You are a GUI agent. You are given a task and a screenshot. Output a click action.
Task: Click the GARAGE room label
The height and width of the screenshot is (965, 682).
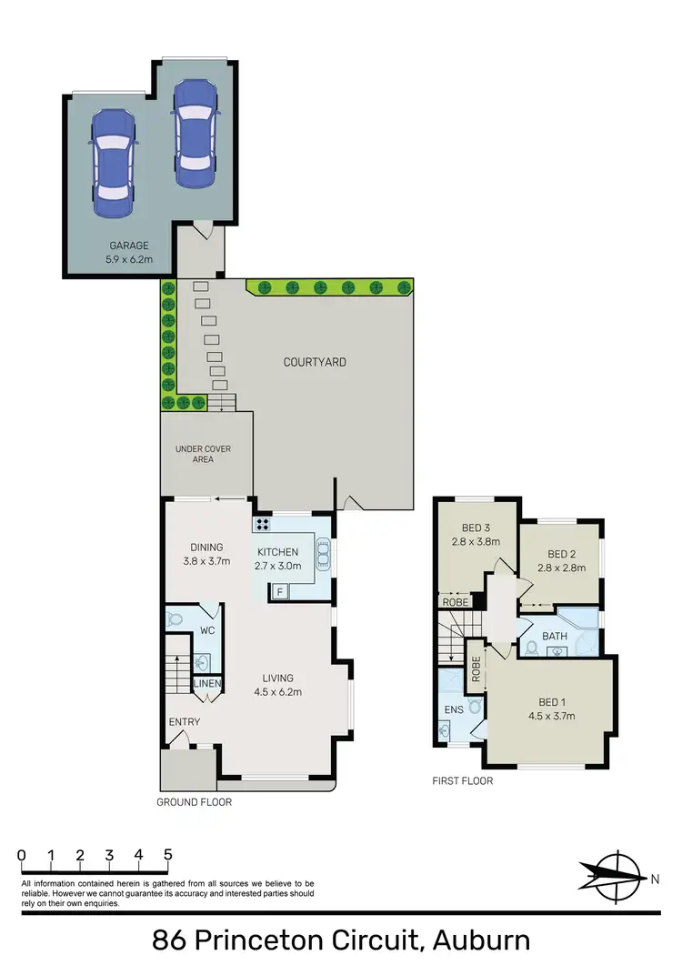coord(128,246)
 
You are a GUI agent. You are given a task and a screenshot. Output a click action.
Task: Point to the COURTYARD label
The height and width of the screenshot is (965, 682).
coord(315,362)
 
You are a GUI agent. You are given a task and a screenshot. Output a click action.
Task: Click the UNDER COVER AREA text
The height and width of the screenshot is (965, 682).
coord(195,454)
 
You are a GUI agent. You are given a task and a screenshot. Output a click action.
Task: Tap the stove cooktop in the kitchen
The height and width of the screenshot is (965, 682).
coord(264,524)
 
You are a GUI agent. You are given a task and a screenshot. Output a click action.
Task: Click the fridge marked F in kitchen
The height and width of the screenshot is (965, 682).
coord(280,592)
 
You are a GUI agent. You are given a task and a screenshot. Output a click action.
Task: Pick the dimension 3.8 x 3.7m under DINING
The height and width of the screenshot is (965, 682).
coord(206,561)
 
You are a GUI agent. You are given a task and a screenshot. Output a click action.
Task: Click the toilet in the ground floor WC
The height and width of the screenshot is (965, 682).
coord(176,619)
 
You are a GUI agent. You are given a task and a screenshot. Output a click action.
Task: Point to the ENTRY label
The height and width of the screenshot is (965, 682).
coord(184,722)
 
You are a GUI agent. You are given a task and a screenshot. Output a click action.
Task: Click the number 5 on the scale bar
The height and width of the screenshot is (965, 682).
coord(167,855)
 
